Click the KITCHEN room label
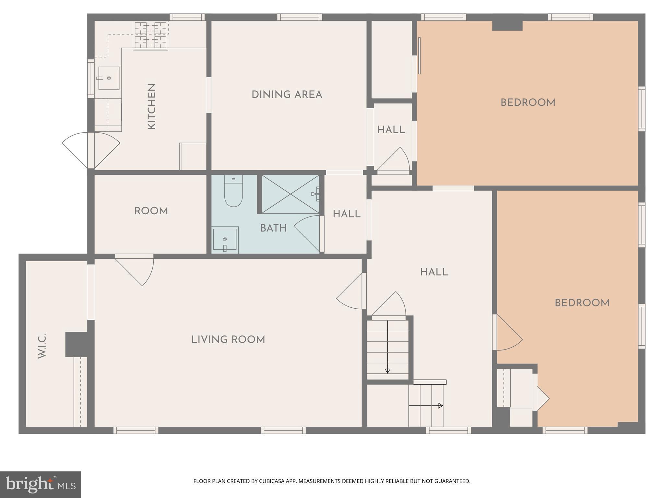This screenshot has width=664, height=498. click(152, 107)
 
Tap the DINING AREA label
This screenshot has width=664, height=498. click(287, 95)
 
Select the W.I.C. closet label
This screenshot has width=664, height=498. click(42, 346)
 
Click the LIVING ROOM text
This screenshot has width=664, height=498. click(228, 340)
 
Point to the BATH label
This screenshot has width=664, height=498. click(273, 228)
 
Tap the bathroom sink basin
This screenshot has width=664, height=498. click(225, 240)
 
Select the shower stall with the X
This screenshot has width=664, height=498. click(290, 194)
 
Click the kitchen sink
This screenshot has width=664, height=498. click(109, 78)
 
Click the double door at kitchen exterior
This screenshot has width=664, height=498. click(91, 150)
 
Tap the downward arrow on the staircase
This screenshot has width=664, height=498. click(387, 371)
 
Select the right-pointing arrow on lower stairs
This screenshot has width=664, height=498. click(440, 405)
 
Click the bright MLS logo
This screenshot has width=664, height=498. click(41, 485)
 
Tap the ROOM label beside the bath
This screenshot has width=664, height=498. click(151, 211)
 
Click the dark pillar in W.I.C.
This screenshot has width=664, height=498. click(77, 344)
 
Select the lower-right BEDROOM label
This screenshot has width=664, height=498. click(582, 303)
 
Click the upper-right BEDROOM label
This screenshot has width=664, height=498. click(528, 103)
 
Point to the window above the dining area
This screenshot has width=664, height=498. click(300, 17)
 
